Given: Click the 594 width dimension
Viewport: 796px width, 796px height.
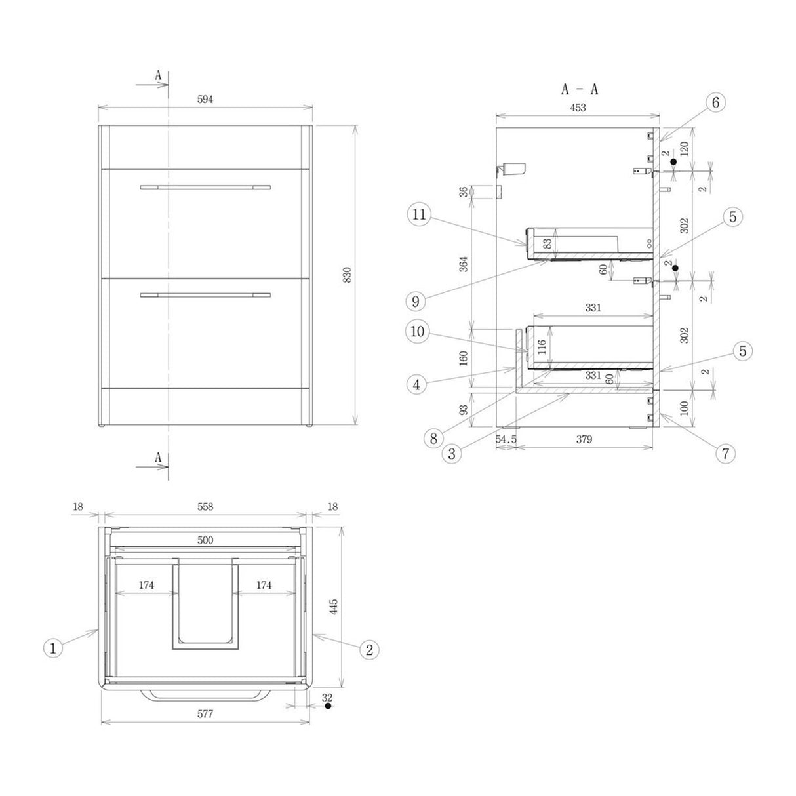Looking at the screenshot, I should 205,99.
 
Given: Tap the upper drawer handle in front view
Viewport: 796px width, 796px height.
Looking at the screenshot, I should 205,188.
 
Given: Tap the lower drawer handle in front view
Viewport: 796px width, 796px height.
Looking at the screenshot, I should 205,295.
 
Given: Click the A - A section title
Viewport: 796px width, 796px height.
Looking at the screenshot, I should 580,90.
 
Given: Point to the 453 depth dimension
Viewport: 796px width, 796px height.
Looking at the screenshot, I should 577,108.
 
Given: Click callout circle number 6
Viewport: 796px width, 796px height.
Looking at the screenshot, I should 715,102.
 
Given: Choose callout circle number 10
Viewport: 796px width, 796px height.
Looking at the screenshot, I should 418,332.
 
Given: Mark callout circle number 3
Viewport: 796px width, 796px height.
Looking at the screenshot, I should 452,452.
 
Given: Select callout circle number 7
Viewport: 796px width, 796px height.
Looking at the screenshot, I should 725,452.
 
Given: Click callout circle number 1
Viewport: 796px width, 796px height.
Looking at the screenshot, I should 54,648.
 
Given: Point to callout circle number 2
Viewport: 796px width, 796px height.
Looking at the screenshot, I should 369,649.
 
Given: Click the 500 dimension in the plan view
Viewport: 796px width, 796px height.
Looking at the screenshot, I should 205,540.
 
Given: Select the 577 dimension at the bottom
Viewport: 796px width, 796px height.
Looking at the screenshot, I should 205,714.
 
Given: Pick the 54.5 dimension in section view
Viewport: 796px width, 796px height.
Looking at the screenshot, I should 506,439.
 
